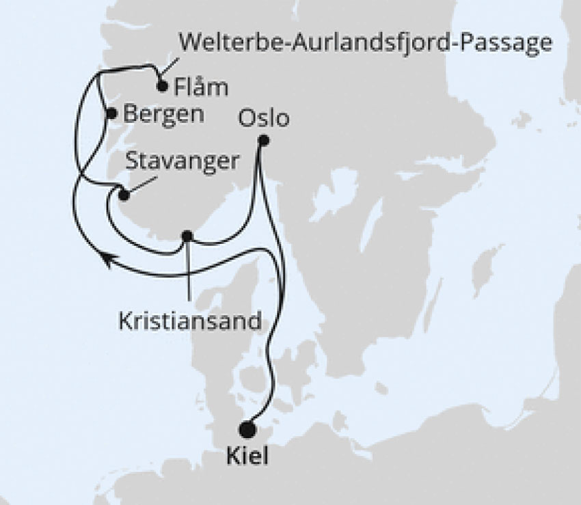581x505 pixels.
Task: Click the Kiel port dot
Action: click(x=247, y=429)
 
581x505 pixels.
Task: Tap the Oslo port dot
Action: click(x=264, y=141)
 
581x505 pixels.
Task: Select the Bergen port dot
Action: click(x=112, y=113)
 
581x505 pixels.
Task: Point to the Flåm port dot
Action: click(x=162, y=86)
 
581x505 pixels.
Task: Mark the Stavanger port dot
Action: click(x=124, y=195)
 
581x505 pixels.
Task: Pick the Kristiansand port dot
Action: click(x=187, y=236)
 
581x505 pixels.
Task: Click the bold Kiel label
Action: click(x=247, y=455)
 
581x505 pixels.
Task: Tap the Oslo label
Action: click(x=264, y=118)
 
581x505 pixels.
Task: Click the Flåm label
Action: click(x=201, y=89)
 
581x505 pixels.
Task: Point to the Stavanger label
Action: click(x=183, y=162)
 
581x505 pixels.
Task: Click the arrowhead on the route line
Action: click(x=108, y=258)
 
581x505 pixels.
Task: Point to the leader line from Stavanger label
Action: click(x=141, y=181)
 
